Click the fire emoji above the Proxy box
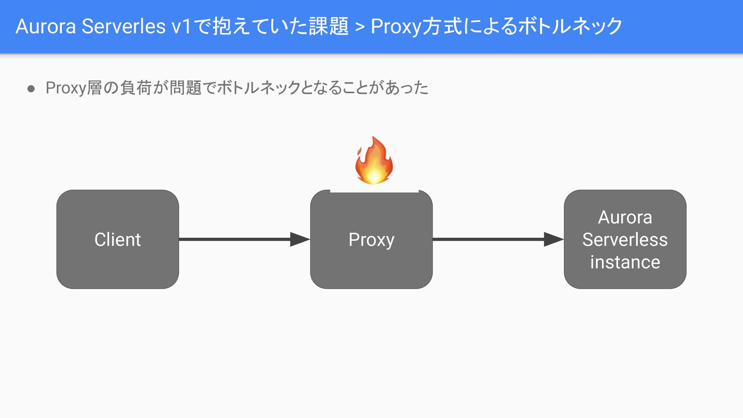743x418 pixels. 374,161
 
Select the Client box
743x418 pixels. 118,239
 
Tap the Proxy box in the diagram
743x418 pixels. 371,239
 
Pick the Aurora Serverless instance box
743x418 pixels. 625,239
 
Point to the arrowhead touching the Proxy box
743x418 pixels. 300,239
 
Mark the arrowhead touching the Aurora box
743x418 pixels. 554,239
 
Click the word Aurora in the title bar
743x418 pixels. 46,26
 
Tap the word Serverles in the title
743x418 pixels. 124,26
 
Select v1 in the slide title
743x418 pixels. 181,26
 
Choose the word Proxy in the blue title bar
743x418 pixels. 395,26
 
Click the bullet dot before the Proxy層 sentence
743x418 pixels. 31,89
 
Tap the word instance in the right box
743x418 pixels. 625,262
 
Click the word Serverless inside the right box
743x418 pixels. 625,240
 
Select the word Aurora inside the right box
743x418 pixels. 625,217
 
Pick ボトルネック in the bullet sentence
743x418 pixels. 259,88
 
